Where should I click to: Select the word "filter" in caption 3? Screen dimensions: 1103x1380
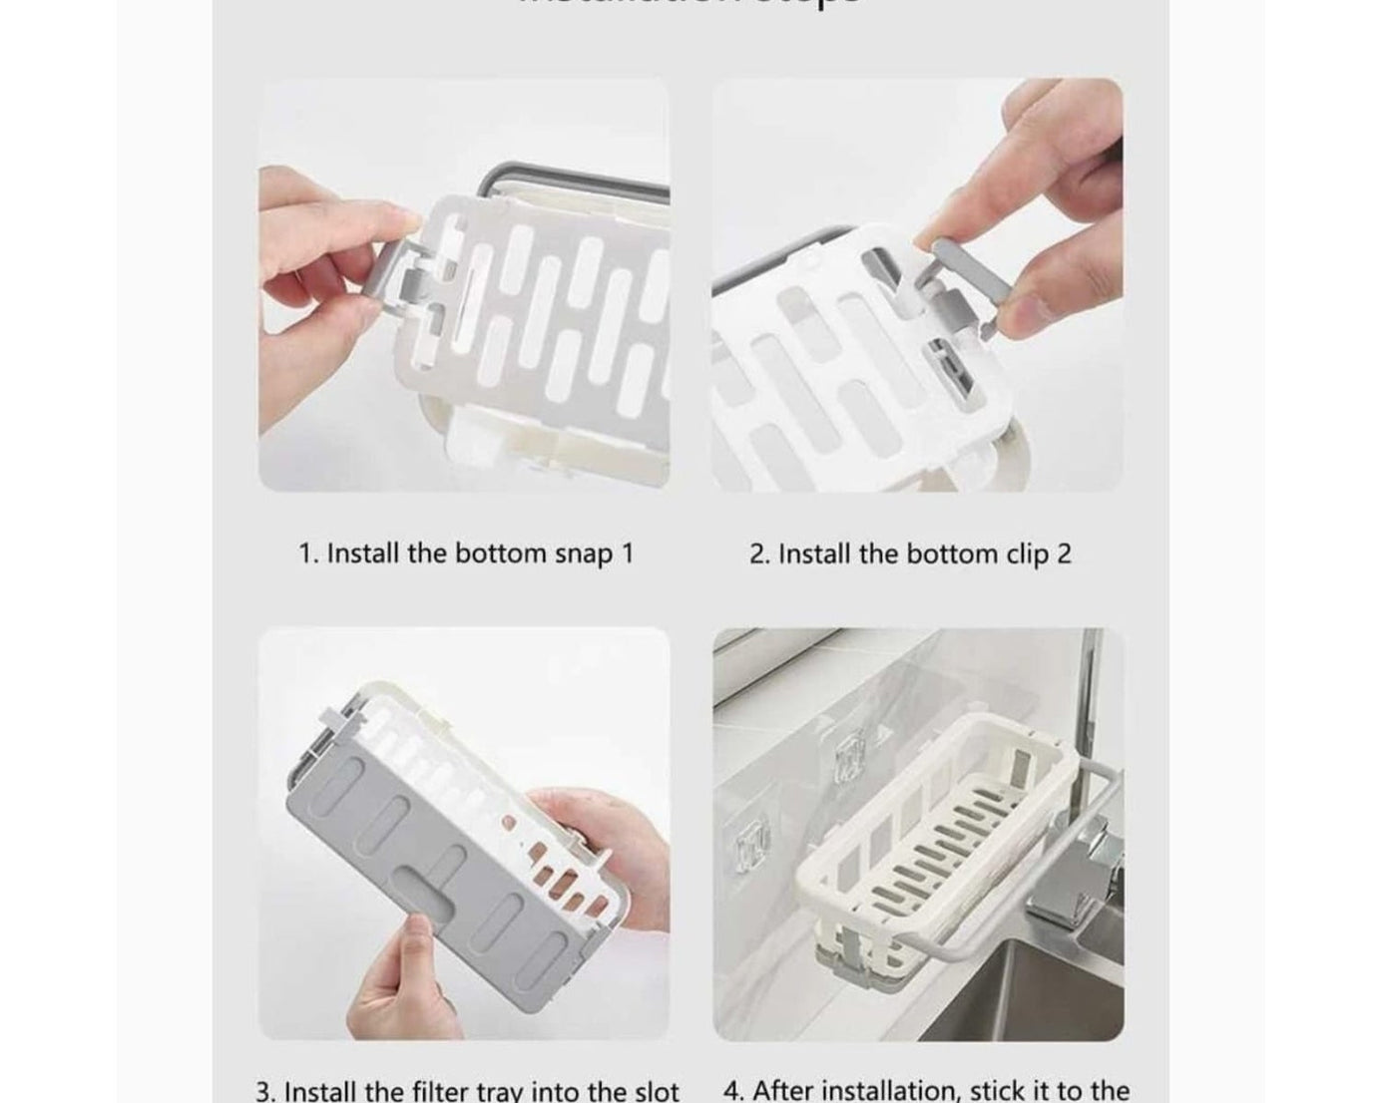point(466,1091)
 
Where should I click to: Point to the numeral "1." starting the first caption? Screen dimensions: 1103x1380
point(308,554)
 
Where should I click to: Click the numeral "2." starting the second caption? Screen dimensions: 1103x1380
point(759,554)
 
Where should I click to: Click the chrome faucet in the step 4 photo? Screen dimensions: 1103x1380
point(1074,868)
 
